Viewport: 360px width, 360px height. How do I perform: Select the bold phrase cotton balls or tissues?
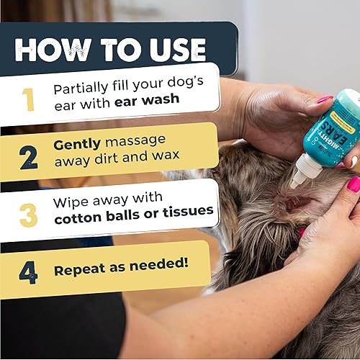[133, 210]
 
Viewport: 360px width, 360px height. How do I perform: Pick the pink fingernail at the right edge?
[353, 184]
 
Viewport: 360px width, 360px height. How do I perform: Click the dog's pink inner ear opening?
[292, 204]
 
